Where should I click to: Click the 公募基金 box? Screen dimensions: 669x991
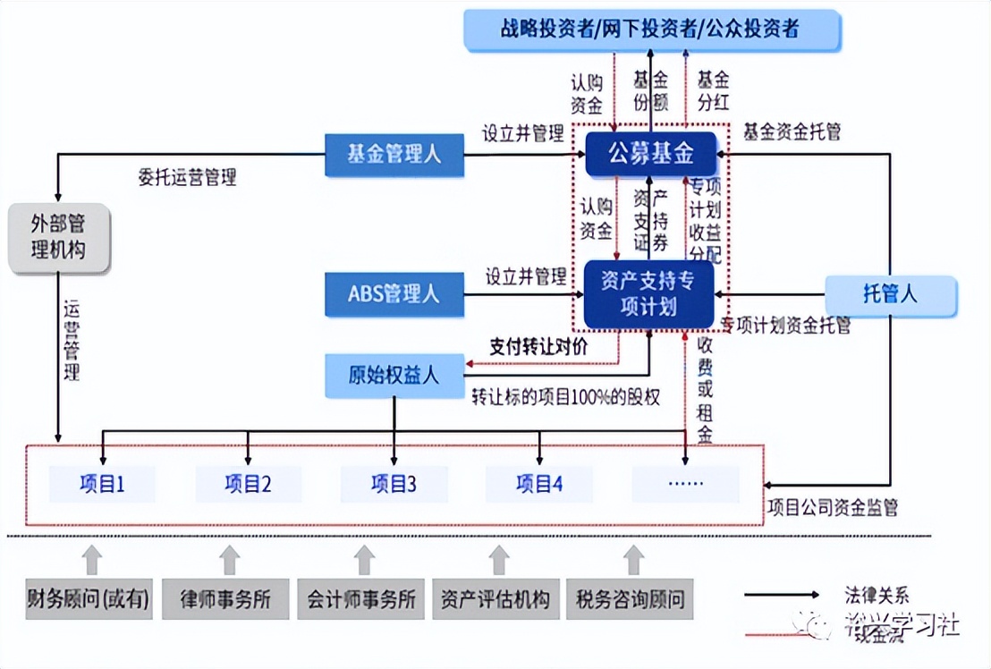[651, 154]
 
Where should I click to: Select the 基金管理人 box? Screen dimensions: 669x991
[394, 154]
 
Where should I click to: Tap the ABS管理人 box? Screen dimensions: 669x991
[394, 294]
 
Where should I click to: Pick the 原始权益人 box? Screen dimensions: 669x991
[394, 375]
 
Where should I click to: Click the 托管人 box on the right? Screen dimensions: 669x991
[890, 294]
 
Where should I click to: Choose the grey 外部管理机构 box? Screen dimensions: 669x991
[58, 238]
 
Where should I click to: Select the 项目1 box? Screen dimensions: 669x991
[102, 484]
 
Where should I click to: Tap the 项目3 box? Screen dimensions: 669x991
[394, 484]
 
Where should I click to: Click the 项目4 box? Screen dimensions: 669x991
[539, 484]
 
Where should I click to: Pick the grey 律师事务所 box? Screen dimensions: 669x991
[225, 598]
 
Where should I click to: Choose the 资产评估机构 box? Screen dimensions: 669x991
[496, 598]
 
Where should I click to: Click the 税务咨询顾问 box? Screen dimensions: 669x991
[630, 598]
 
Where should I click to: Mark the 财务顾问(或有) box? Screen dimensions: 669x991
[89, 598]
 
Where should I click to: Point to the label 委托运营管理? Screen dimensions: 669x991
[188, 177]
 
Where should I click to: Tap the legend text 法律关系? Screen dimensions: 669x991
[877, 594]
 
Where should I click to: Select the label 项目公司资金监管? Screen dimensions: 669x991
[833, 508]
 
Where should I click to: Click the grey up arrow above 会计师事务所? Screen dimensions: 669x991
[363, 560]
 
